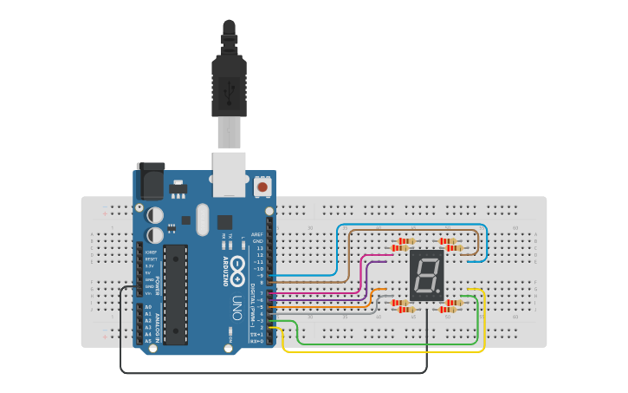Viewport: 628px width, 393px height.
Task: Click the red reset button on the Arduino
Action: (x=262, y=187)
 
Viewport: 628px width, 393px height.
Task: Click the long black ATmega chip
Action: (x=175, y=293)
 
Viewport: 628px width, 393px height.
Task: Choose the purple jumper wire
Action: (x=367, y=278)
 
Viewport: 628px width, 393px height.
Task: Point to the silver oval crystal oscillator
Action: (x=203, y=219)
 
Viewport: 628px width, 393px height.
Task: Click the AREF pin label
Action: (x=257, y=235)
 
